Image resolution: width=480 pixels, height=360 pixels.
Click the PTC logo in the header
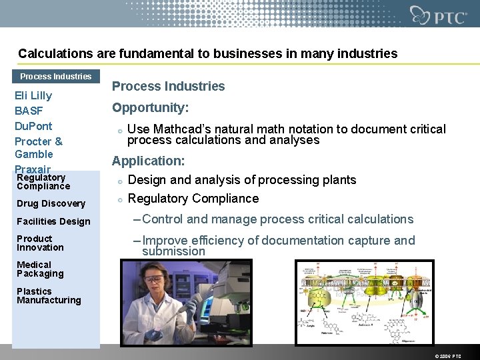(x=439, y=15)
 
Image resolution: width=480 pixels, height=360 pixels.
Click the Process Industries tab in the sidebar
(x=56, y=77)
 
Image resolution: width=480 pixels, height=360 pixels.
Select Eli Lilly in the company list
(x=33, y=95)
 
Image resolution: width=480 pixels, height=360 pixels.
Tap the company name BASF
(x=29, y=111)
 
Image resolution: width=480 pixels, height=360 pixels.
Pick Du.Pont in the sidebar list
(x=33, y=126)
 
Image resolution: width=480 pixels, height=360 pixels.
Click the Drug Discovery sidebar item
(x=51, y=203)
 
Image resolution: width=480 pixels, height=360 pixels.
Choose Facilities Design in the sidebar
(x=53, y=221)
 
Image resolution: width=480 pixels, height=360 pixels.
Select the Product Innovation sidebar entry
(x=40, y=243)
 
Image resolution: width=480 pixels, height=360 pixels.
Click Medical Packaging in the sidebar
(x=40, y=269)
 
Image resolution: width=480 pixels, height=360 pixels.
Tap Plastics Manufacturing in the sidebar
(x=49, y=296)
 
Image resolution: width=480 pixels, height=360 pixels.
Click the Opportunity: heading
(x=150, y=107)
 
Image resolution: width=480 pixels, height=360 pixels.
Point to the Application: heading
(x=148, y=161)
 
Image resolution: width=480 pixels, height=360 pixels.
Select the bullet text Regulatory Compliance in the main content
(x=193, y=199)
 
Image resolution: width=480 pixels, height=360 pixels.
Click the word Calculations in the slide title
(x=51, y=53)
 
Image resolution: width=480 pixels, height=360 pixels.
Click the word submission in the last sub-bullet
(x=173, y=251)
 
